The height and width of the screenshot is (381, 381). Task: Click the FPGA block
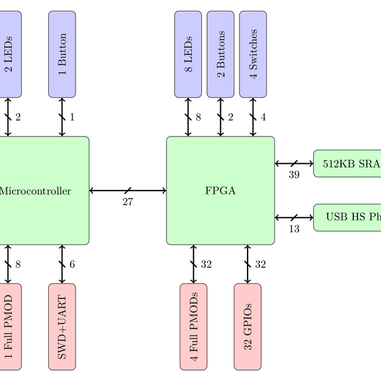tap(220, 190)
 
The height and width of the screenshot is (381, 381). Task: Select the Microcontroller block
tap(38, 190)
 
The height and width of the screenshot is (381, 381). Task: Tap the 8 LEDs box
tap(188, 55)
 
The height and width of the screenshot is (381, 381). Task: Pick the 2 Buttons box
tap(220, 55)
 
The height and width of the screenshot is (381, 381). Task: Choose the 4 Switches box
tap(253, 55)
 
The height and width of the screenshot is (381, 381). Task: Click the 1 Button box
tap(62, 55)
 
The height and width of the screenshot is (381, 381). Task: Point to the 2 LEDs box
tap(9, 55)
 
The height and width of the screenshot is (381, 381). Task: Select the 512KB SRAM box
tap(347, 163)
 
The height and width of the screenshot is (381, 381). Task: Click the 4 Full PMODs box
tap(194, 326)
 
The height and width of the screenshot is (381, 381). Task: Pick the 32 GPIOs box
tap(248, 326)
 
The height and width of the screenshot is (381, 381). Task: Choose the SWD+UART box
tap(62, 326)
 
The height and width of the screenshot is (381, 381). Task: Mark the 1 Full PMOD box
tap(9, 326)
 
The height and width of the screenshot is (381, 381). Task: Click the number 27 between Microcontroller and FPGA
tap(128, 202)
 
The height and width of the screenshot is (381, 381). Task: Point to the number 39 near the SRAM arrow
tap(294, 175)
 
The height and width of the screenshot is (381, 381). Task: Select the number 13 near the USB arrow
tap(294, 229)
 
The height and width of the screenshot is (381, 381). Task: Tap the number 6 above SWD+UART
tap(72, 264)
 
